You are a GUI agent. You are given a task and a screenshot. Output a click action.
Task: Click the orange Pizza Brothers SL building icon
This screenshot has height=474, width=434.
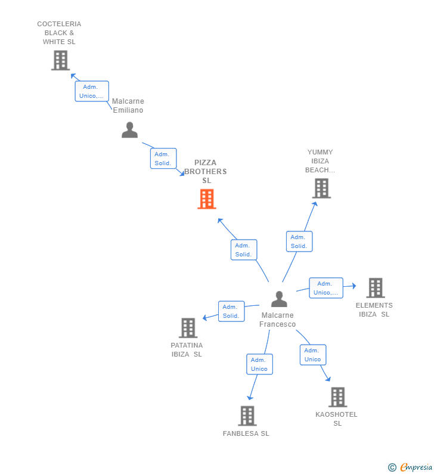tap(206, 199)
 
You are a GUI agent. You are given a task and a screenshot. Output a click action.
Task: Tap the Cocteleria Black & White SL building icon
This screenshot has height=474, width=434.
tap(60, 60)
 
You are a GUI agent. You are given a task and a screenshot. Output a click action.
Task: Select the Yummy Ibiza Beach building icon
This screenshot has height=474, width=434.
tap(321, 188)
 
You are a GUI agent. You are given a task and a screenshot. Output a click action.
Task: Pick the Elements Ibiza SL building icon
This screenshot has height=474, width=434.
tap(375, 288)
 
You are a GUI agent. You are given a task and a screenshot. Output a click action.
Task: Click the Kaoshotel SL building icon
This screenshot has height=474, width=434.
tap(337, 397)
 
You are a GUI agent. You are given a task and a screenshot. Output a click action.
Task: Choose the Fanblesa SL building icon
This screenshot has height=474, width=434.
tap(247, 416)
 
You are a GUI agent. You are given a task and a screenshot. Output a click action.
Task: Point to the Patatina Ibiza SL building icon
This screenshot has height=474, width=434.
tap(188, 328)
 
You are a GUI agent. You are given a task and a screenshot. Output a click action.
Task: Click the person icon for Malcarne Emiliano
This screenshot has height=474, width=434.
tap(129, 130)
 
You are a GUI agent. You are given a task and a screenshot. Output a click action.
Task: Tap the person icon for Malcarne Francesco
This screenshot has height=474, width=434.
tap(279, 299)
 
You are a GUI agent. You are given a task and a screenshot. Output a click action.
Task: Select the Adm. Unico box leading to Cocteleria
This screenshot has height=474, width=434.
tap(92, 91)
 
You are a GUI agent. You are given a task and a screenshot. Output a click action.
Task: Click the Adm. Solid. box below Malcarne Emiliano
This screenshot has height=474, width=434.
tap(163, 159)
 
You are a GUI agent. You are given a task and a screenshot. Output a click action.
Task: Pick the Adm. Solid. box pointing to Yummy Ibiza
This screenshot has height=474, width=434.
tap(299, 241)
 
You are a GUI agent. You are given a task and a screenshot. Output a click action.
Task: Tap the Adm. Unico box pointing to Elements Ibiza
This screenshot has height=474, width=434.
tap(326, 288)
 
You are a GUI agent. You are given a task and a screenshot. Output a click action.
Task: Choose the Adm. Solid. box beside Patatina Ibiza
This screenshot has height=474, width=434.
tap(231, 311)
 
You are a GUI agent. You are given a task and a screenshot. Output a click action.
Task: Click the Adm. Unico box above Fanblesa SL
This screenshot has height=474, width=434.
tap(259, 364)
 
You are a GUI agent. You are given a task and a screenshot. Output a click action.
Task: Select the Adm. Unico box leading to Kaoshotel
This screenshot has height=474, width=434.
tap(313, 355)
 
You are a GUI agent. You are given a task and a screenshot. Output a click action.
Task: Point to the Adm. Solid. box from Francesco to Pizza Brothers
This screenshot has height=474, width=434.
tap(243, 250)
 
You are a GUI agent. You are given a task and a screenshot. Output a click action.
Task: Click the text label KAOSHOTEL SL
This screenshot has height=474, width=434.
tap(337, 419)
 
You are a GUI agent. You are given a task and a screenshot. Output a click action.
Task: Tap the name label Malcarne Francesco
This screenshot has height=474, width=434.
tap(277, 320)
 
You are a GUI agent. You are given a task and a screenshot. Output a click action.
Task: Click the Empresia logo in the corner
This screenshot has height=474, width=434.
tap(411, 467)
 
